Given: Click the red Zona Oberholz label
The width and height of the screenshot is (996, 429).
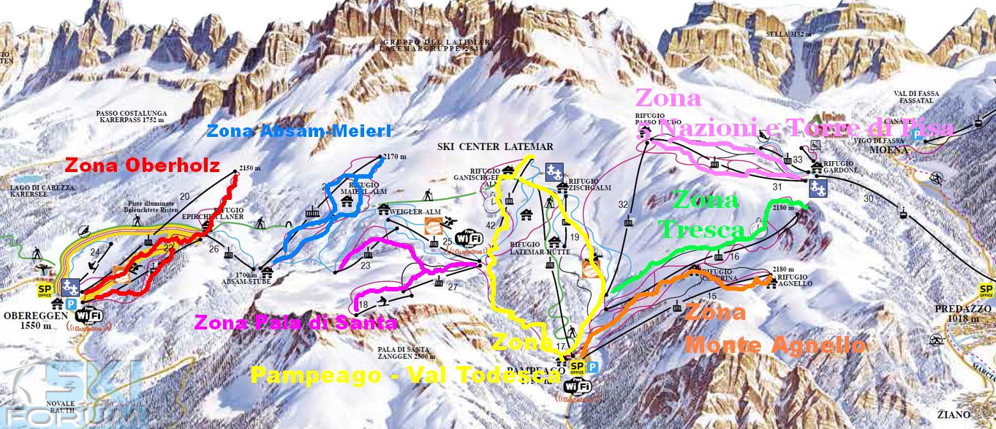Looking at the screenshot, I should (143, 165).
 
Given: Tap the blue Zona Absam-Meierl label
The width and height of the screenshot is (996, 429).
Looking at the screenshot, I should (299, 131).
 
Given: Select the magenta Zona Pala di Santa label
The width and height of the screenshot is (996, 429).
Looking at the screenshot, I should (295, 321).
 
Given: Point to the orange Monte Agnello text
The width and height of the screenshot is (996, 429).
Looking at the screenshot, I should (775, 344).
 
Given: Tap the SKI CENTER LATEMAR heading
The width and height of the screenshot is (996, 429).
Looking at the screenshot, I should (495, 146).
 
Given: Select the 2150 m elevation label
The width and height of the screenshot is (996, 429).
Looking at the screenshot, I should (250, 168).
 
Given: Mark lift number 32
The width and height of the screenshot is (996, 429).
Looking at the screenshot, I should (623, 204).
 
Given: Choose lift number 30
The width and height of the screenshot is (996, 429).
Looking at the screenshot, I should (868, 198).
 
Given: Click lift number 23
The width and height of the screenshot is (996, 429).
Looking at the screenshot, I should (365, 266).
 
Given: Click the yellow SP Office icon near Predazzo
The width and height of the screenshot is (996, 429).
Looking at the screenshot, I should (986, 291).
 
